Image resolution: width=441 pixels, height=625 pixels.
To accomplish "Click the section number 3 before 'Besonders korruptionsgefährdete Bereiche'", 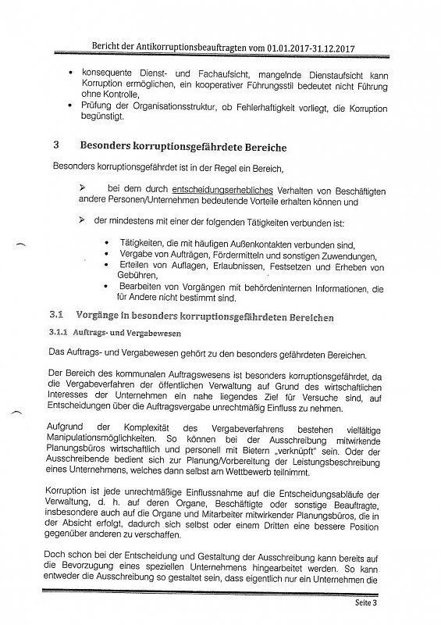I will tap(55, 145).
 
